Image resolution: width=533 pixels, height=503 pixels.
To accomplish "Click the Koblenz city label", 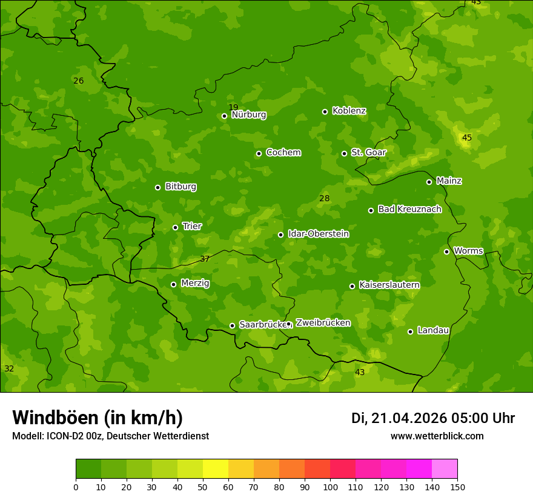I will [x=349, y=111].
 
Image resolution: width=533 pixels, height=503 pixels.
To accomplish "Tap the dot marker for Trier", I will [x=175, y=227].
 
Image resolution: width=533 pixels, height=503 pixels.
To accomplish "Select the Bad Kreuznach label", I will [x=409, y=209].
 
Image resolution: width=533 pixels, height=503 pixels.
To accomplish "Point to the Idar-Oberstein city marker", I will [x=280, y=235].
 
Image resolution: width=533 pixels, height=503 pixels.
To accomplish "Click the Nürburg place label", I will [x=248, y=115].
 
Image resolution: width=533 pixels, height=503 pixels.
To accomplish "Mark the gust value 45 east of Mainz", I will [x=466, y=138].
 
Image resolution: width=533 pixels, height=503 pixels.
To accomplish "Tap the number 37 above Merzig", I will [x=205, y=259].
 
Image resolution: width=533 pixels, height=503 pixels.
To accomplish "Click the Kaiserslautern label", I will [x=389, y=285].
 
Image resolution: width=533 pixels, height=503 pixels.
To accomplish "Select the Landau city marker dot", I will [x=410, y=331].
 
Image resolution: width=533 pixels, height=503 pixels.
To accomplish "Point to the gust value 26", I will [x=78, y=81].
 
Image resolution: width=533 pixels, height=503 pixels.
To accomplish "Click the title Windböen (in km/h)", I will [x=98, y=418].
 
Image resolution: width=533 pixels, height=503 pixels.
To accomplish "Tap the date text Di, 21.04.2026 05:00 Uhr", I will [x=433, y=418].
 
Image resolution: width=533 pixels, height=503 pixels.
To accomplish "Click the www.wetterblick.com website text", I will [x=437, y=436].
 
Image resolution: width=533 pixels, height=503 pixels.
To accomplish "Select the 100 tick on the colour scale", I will [x=330, y=487].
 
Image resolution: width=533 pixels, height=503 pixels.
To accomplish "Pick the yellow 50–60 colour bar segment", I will [x=216, y=469].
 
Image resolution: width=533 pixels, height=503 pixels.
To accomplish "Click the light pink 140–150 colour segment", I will [x=445, y=469].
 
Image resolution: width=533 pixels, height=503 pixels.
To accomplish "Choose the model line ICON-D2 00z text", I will [x=110, y=436].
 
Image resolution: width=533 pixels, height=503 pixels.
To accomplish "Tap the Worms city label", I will [x=468, y=251].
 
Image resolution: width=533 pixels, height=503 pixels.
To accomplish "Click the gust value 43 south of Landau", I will [x=360, y=372].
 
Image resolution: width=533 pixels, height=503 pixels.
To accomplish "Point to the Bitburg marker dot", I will [x=157, y=187].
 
